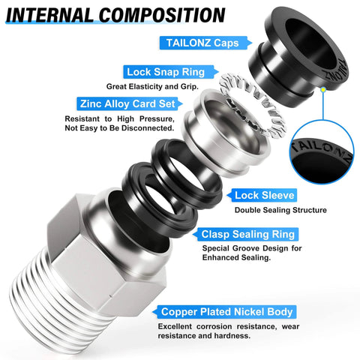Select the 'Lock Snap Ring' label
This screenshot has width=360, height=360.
point(163,72)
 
